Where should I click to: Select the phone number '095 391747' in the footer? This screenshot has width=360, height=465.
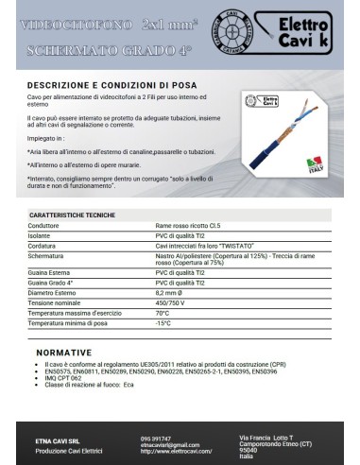(x=155, y=439)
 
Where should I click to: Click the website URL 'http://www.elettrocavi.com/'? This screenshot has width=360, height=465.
(x=178, y=450)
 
